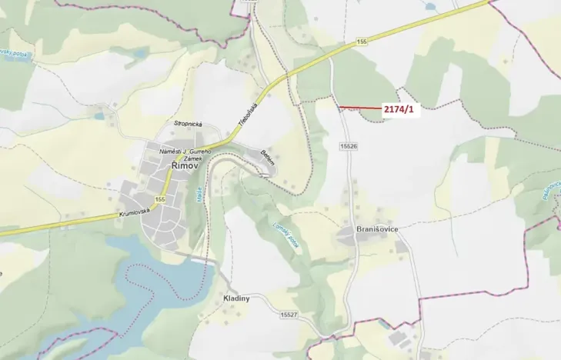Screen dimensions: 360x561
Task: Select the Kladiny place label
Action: [235, 298]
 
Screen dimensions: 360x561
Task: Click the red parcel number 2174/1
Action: [399, 109]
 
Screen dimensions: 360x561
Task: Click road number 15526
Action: [349, 145]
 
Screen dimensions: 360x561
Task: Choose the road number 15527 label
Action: [289, 315]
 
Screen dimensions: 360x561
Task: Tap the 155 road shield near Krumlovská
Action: [159, 200]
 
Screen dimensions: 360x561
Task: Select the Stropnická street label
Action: [188, 122]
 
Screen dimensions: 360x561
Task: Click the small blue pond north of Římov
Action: [99, 117]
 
